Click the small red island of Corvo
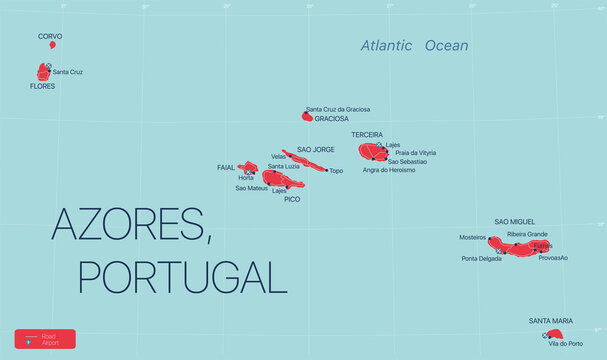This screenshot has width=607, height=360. coord(52,45)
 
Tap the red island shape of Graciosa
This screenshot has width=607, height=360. coord(307,117)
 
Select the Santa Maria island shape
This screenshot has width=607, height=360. coord(554,334)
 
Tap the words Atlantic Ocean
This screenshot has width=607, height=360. coord(415,46)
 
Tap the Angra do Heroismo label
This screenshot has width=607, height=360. coord(389,170)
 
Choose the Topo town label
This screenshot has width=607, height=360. coord(336,171)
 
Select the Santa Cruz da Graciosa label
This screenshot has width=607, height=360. coord(338,109)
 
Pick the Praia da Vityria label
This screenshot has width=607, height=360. coord(415,153)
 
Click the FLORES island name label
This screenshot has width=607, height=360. coord(42,87)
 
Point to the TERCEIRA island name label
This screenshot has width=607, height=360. coord(367,134)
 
